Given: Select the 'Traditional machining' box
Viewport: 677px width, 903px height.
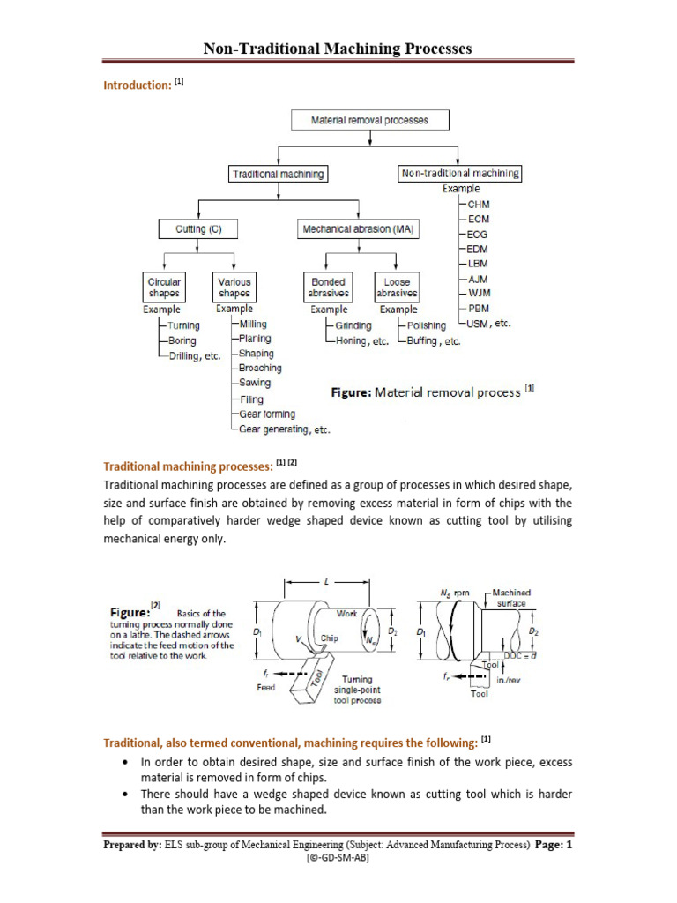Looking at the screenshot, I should click(x=278, y=174).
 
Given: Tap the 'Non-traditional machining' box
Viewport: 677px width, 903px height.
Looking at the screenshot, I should click(x=459, y=174).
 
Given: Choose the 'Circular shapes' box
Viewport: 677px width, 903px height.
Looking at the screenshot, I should click(x=164, y=287).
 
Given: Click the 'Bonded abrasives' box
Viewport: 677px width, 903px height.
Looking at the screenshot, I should click(x=329, y=287).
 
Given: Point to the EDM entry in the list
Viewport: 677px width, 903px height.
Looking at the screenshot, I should click(x=479, y=249).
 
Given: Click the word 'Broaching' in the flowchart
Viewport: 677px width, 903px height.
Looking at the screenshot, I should click(x=260, y=368).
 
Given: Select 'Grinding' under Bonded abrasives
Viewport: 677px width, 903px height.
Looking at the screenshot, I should click(x=353, y=325).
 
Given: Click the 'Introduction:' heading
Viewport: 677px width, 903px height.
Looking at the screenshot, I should click(x=137, y=85).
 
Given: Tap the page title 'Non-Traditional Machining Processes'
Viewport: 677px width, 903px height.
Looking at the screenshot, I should click(x=338, y=49).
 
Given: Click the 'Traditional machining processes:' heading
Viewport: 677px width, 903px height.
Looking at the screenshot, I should click(x=188, y=465).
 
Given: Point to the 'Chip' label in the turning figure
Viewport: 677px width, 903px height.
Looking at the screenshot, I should click(x=330, y=637).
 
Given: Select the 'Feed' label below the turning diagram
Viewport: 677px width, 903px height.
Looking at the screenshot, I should click(x=266, y=688).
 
